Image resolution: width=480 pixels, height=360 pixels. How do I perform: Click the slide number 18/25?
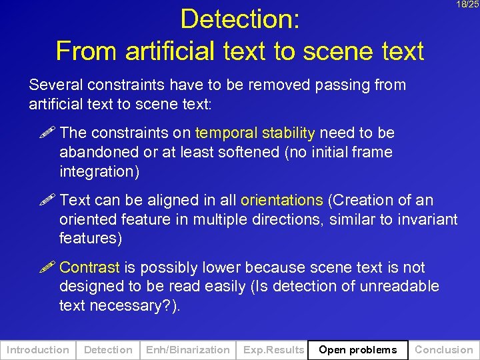click(x=467, y=5)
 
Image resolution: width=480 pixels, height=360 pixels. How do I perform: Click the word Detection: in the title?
click(x=240, y=19)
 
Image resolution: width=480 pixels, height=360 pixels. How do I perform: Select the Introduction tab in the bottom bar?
click(x=38, y=349)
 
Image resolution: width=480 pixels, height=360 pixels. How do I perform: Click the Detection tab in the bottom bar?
click(x=108, y=349)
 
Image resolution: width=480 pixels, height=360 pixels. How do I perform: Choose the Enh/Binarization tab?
click(x=187, y=349)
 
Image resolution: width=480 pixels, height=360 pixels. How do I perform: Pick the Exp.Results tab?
click(x=273, y=349)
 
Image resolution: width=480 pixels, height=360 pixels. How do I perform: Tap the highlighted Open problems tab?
click(x=358, y=349)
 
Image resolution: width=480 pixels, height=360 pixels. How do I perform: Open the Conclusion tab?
click(x=443, y=349)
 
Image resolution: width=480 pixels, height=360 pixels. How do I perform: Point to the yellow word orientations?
click(x=281, y=200)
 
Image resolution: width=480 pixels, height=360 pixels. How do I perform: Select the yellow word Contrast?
click(x=89, y=267)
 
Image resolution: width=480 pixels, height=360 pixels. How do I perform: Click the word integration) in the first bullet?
click(x=99, y=171)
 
